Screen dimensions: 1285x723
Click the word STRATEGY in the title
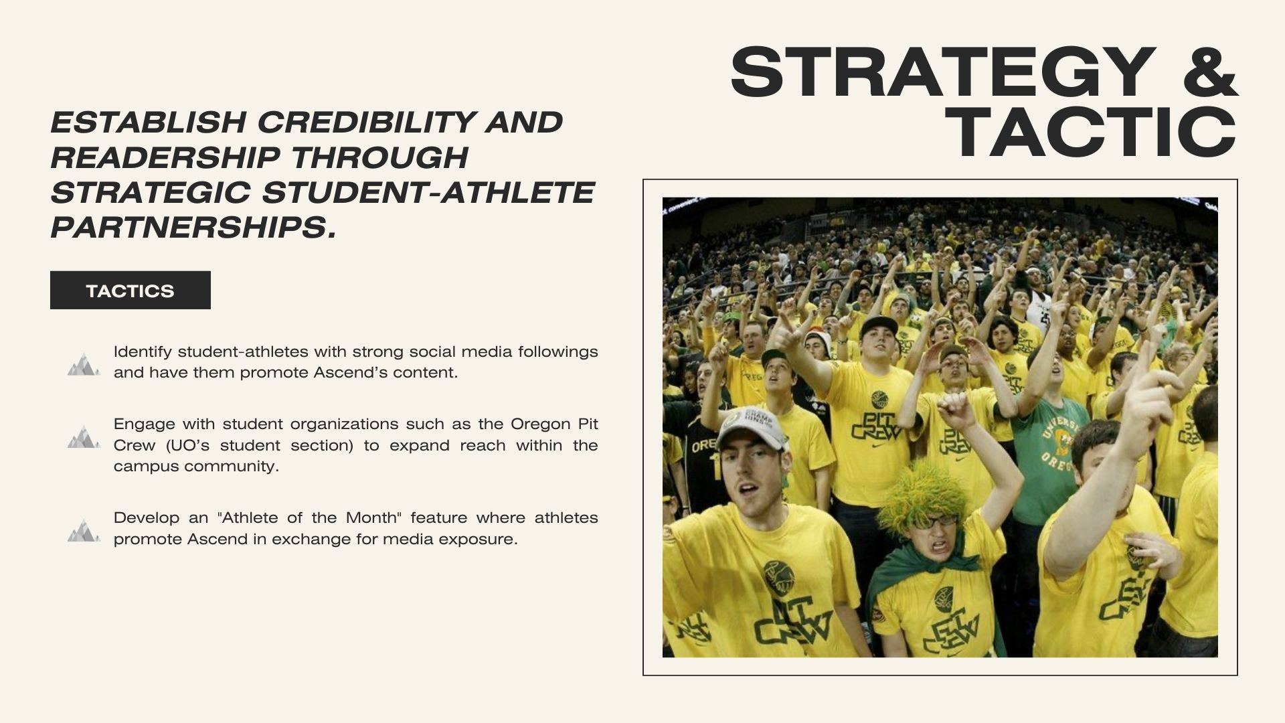point(943,72)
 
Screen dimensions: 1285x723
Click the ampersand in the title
point(1211,72)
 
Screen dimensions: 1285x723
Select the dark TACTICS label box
point(131,290)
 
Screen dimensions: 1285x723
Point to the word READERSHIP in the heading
point(165,158)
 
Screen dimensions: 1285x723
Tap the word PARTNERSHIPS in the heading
point(193,228)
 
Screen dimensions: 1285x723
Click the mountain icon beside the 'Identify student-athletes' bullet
point(84,364)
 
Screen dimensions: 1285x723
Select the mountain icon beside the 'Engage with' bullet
point(84,436)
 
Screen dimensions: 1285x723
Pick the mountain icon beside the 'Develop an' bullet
point(84,530)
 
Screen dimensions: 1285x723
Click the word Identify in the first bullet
point(143,352)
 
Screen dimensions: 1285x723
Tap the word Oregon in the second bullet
point(540,424)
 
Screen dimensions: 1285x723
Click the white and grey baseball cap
point(750,428)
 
